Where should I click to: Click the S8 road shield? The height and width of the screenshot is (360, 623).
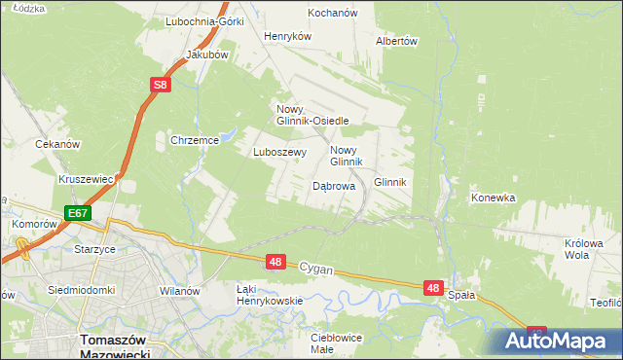coord(161,87)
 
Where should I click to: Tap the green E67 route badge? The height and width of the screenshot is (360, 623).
coord(79,213)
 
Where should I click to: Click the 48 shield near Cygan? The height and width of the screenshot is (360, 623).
coord(275,262)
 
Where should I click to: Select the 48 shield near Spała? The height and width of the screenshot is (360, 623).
coord(434,288)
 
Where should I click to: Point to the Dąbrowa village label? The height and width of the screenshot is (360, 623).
coord(333,185)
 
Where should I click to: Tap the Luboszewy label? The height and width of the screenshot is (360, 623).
coord(280,152)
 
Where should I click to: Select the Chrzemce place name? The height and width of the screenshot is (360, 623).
coord(195,140)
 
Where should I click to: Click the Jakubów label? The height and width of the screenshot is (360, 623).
coord(206,55)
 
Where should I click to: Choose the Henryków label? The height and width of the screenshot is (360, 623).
coord(287,36)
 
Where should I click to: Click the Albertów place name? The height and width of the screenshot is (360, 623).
coord(396,42)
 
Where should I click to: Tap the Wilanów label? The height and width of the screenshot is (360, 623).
coord(179,291)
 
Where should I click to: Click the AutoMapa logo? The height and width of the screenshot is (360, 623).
coord(560,342)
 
